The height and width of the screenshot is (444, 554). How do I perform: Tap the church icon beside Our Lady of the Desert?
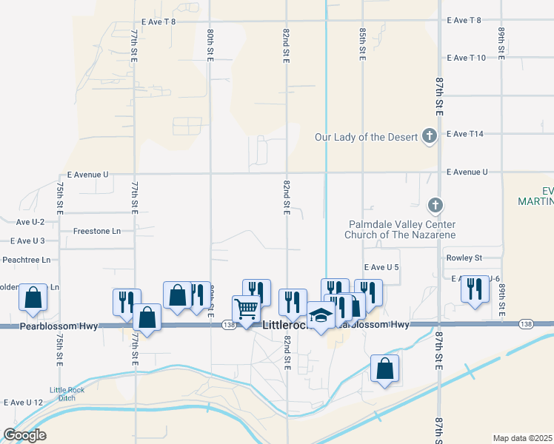(x=429, y=135)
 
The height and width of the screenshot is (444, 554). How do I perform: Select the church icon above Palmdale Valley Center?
(x=435, y=204)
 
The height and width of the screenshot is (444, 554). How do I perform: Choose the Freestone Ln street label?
(x=96, y=231)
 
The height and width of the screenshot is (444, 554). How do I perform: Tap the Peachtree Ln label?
(x=26, y=260)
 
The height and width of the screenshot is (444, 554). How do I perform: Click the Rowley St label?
(x=464, y=258)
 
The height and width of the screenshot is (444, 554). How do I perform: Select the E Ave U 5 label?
(x=381, y=267)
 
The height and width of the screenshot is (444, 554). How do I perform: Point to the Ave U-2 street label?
(x=30, y=222)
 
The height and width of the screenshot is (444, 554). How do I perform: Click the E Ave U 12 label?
(x=24, y=403)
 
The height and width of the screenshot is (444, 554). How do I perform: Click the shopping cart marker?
(x=246, y=308)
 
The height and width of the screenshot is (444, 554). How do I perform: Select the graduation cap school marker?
(x=321, y=316)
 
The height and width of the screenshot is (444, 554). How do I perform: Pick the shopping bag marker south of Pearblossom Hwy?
(x=384, y=369)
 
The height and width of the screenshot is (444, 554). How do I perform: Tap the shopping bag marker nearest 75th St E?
(x=33, y=297)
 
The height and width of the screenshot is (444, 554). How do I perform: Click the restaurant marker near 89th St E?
(x=475, y=289)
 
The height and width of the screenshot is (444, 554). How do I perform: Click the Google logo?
(x=25, y=435)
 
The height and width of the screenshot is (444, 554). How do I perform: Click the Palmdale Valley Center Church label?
(x=400, y=229)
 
